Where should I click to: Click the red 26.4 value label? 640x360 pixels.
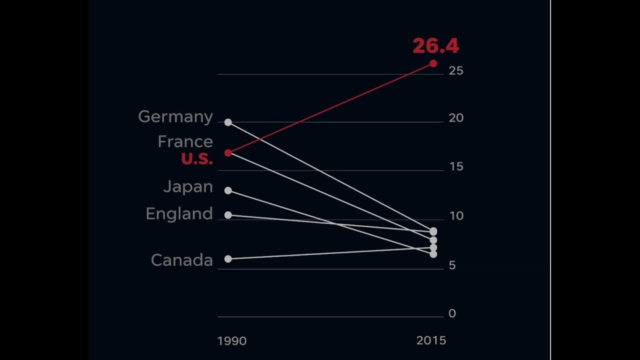[435, 46]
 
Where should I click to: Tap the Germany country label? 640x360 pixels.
[175, 117]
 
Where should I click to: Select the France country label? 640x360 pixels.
[185, 141]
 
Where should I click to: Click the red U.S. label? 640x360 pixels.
[196, 159]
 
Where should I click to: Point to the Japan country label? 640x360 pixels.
[188, 187]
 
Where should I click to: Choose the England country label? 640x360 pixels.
[179, 214]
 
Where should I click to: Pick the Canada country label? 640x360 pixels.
[181, 260]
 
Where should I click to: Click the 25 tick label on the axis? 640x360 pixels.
[456, 71]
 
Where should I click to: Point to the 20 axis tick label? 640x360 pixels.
[456, 118]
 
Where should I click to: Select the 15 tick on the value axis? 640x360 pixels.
[456, 167]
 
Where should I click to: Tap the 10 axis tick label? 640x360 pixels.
[456, 216]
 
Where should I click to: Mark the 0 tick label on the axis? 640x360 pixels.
[452, 313]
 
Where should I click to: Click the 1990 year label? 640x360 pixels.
[232, 341]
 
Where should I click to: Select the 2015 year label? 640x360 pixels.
[431, 340]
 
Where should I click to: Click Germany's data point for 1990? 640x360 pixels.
[228, 122]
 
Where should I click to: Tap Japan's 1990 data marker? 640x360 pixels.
[228, 190]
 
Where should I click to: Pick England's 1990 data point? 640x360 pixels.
[228, 215]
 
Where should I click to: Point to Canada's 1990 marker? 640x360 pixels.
[228, 259]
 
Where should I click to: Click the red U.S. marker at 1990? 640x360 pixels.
[228, 153]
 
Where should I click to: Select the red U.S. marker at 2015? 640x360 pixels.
[433, 63]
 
